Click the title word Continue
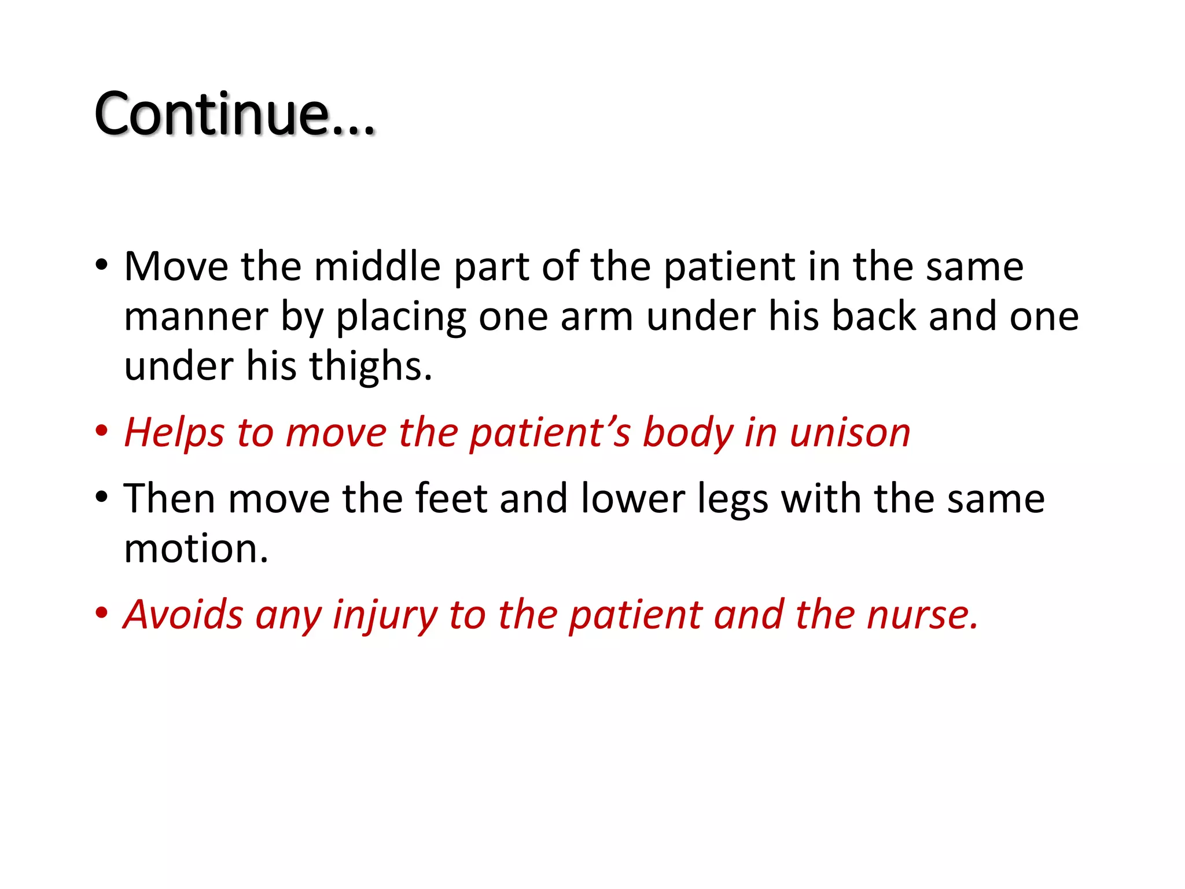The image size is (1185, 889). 234,114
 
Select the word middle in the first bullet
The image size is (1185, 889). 377,267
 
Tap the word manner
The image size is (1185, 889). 196,317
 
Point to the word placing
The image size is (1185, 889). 401,317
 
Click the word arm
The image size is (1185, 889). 597,317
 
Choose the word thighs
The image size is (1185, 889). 370,366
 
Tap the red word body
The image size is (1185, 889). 687,433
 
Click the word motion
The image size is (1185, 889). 196,549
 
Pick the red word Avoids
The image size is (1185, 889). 183,615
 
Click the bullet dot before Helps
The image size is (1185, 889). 102,431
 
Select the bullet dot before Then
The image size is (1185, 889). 102,497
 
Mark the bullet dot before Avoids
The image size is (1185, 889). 102,613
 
